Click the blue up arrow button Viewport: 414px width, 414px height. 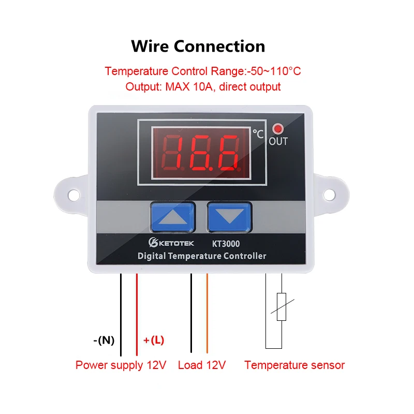coord(172,216)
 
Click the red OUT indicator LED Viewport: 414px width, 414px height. coord(278,129)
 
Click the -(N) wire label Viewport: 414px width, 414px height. coord(104,340)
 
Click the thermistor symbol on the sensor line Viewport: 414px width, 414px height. coord(282,307)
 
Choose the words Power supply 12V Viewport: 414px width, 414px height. coord(121,365)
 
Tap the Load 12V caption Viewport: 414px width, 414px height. coord(202,365)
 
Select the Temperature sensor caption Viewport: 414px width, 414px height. coord(294,365)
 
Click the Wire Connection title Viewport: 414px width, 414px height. coord(198,46)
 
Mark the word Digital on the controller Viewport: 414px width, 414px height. coord(154,256)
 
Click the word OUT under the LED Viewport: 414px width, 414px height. coord(278,141)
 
